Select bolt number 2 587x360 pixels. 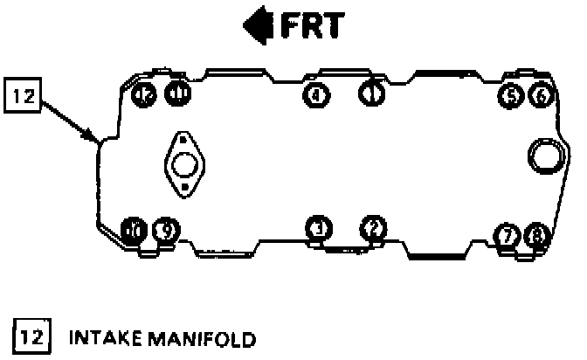[x=373, y=228]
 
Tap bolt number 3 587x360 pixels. [x=319, y=229]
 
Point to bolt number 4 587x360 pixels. [x=315, y=93]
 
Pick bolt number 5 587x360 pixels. [x=509, y=95]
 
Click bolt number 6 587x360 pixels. [x=542, y=95]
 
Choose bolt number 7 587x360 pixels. [x=505, y=235]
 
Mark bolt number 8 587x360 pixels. [x=536, y=235]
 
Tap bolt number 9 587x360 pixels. [x=165, y=231]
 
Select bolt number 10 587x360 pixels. [x=134, y=231]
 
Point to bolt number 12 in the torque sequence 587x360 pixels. [x=146, y=93]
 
